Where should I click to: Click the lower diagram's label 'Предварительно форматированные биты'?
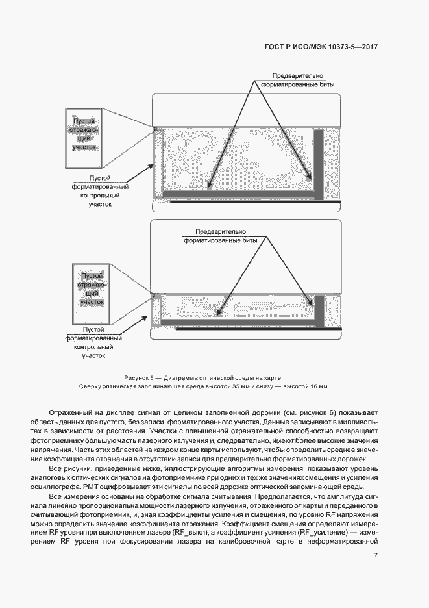point(221,235)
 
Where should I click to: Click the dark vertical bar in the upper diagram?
point(319,162)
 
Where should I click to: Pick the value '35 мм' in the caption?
point(238,387)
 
